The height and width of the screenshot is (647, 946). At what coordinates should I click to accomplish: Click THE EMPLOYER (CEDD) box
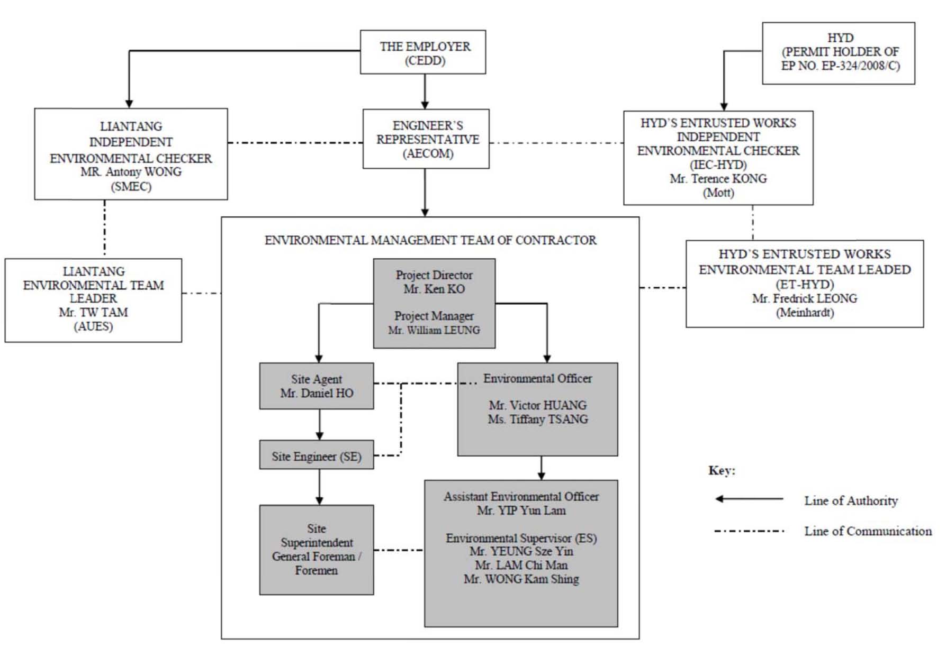423,52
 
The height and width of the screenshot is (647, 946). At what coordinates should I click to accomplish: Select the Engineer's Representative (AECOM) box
426,139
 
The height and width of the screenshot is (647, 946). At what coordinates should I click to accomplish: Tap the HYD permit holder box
839,53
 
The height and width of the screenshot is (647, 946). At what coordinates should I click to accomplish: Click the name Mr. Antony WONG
131,172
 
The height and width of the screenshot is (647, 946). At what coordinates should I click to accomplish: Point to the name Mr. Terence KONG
718,179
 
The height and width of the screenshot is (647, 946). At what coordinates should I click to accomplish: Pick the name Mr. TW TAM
93,313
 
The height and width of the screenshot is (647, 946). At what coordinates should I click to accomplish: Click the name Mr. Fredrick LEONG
805,298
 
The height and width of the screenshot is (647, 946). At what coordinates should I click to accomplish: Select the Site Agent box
317,386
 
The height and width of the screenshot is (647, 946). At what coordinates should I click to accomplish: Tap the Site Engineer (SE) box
317,455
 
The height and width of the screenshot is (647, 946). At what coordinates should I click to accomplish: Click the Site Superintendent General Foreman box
317,550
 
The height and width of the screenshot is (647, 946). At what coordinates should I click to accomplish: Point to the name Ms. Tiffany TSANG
538,420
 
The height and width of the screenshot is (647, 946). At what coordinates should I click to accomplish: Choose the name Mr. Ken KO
434,289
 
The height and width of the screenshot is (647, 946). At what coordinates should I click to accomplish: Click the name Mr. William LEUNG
434,330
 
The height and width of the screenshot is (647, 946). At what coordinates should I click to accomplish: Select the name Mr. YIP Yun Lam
521,511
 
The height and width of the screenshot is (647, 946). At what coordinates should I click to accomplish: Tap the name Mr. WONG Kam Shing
521,579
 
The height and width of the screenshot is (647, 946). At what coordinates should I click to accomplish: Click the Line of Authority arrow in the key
749,499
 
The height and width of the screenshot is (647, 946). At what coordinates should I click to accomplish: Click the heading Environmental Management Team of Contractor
430,240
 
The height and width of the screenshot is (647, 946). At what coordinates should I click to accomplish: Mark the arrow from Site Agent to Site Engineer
319,425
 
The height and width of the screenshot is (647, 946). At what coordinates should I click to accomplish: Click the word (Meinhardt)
805,313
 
